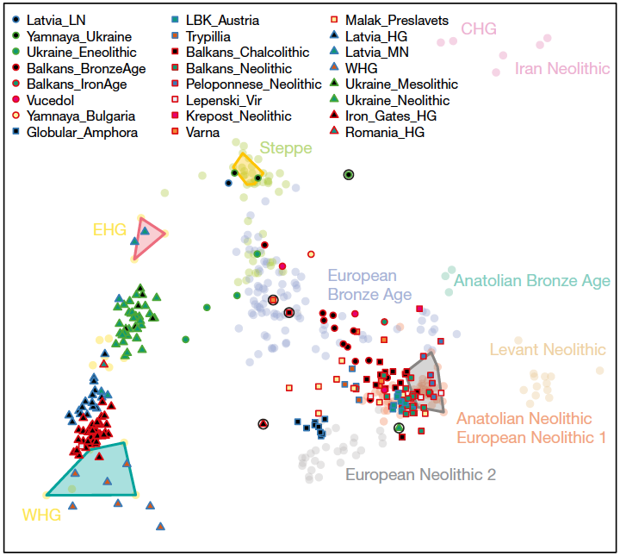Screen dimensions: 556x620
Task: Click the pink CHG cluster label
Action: (479, 29)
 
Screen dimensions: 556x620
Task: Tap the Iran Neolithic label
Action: (561, 69)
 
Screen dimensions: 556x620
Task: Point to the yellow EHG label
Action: (110, 229)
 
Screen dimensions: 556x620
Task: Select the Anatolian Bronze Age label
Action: (531, 281)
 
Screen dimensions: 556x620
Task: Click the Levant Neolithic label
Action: (548, 350)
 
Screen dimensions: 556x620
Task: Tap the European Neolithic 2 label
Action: (420, 474)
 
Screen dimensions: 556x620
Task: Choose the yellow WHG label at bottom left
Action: (41, 515)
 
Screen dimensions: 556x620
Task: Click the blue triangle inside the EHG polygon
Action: (146, 230)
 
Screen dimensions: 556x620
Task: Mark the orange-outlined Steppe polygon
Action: (247, 169)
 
